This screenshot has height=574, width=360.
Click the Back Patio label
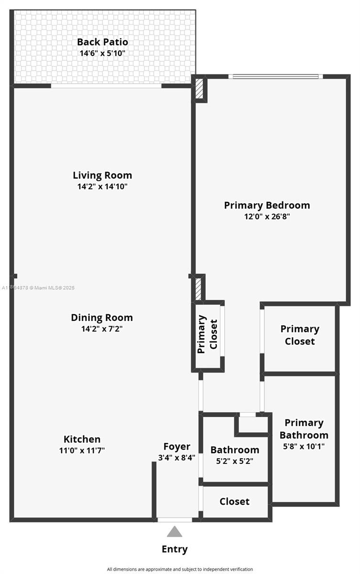coord(102,42)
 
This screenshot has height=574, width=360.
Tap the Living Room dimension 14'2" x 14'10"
coord(102,187)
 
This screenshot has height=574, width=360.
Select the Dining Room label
coord(102,318)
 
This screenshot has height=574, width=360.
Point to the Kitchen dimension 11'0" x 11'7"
coord(82,450)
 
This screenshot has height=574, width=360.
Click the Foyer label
coord(177,447)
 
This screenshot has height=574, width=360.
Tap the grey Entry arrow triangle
coord(175,532)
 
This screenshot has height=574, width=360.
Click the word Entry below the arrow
coord(175,549)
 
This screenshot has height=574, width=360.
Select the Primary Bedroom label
coord(267,205)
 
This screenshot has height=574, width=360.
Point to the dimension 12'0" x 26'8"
coord(267,217)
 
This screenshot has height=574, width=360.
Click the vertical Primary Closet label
coord(207,334)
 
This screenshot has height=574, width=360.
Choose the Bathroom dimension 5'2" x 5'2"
coord(235,462)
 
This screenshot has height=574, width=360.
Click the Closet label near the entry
coord(235,501)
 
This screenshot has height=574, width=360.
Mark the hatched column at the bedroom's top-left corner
coord(199,90)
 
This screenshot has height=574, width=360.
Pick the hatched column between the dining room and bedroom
coord(198,288)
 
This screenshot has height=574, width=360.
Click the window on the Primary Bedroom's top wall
coord(273,76)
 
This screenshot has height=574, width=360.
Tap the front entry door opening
coord(175,519)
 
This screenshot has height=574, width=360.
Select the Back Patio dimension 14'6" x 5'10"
coord(102,54)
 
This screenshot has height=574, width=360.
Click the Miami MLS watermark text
coord(38,288)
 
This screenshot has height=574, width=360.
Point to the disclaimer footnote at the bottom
coord(180,569)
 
